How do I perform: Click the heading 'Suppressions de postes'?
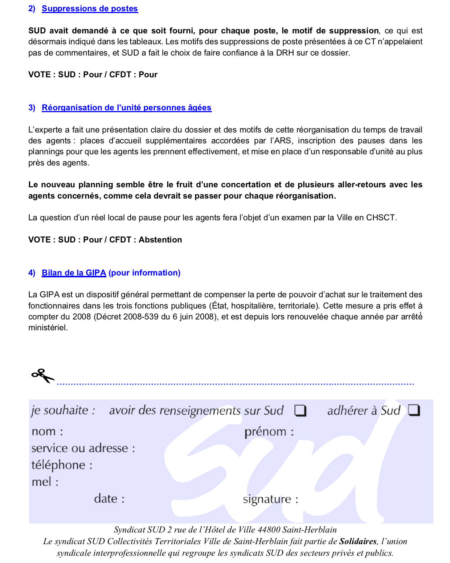(90, 9)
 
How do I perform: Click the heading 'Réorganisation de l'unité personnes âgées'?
(126, 108)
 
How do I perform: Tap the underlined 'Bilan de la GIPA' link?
(74, 273)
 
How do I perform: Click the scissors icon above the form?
(42, 376)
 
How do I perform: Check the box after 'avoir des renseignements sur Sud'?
(300, 411)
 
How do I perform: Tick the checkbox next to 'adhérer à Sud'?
(414, 411)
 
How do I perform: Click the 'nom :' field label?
(47, 432)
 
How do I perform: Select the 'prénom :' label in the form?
(269, 432)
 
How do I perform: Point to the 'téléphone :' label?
(62, 465)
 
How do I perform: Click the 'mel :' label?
(45, 482)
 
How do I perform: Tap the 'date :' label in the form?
(109, 499)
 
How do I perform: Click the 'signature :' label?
(270, 499)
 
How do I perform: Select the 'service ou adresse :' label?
(83, 448)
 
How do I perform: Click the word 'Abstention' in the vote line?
(160, 240)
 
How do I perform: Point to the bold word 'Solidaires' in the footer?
(357, 542)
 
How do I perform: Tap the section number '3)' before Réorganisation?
(32, 108)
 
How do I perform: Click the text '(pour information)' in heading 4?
(144, 273)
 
